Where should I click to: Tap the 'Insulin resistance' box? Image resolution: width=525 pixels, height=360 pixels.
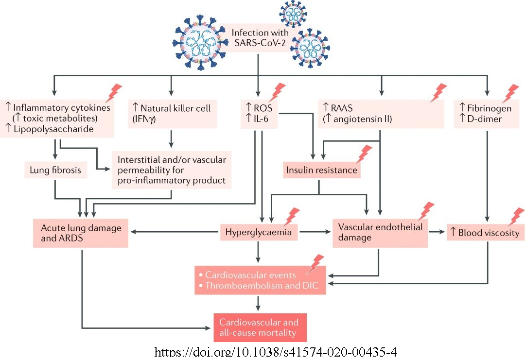[321, 171]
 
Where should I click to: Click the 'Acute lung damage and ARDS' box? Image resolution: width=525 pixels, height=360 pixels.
[81, 233]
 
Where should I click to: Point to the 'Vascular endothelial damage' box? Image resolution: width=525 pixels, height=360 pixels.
[380, 232]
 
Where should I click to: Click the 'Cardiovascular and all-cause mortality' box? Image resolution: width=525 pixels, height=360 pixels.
[260, 327]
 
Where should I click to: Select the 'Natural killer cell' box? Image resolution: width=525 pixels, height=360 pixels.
[171, 114]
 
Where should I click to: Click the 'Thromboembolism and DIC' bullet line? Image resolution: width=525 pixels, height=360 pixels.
[262, 286]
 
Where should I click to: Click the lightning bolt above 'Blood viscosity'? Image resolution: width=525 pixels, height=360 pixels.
[515, 217]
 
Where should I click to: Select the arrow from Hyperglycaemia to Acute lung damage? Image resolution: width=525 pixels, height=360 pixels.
[175, 233]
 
